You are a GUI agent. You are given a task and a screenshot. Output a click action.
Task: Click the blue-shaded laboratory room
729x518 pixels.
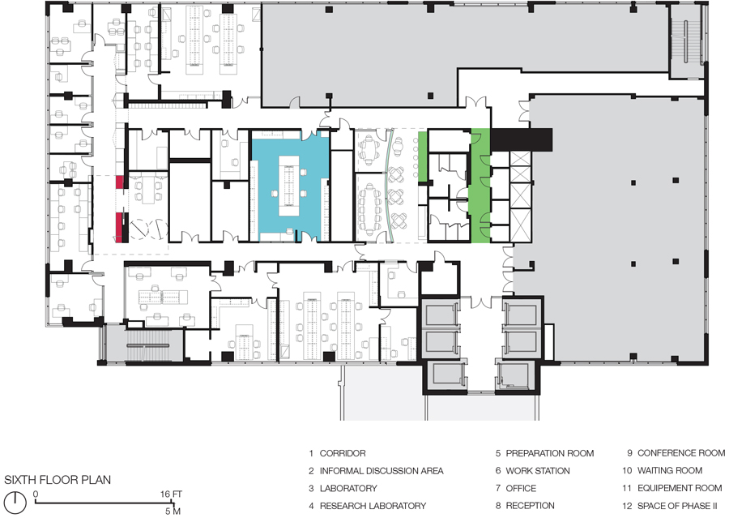pos(289,186)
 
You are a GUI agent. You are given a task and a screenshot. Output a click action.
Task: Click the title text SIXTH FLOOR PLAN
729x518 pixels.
pos(58,480)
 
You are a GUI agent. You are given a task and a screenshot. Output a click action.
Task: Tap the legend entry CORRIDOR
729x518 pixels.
pos(343,453)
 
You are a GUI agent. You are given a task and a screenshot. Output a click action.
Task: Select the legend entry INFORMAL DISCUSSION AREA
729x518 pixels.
pos(382,471)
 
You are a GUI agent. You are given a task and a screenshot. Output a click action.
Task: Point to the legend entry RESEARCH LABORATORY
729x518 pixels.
pos(373,506)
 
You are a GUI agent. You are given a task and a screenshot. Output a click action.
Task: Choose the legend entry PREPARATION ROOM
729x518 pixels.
pos(549,453)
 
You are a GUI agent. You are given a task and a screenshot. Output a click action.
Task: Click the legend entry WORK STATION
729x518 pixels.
pos(538,471)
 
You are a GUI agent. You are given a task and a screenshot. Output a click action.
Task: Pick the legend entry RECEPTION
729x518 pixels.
pos(530,506)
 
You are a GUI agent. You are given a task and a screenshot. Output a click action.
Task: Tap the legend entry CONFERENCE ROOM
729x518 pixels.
pos(681,453)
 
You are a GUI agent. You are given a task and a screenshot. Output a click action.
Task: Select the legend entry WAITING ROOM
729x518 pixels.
pos(670,470)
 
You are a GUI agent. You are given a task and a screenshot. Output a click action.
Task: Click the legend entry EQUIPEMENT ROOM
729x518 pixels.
pos(680,488)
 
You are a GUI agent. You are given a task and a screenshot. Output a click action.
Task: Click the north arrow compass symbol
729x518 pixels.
pos(16,500)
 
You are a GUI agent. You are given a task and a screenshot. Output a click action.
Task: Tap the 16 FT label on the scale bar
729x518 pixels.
pos(171,494)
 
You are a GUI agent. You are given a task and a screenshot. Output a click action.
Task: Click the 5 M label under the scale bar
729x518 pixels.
pos(173,512)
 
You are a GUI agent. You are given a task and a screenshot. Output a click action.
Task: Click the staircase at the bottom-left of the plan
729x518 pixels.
pos(147,345)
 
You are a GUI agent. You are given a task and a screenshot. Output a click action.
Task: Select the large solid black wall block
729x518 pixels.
pos(522,139)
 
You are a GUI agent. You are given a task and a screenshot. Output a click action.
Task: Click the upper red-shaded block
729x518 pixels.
pos(120,182)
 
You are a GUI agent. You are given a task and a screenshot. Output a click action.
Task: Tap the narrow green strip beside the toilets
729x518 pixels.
pos(480,186)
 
